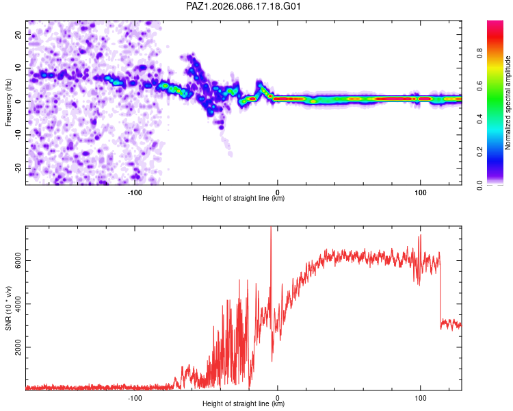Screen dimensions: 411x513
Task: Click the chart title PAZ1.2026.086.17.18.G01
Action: pos(244,6)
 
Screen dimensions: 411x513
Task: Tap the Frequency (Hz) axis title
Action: pos(9,103)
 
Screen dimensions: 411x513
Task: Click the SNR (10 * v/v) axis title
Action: pos(9,308)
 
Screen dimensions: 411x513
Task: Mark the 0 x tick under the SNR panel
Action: pos(278,396)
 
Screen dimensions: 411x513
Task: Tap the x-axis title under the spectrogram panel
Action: pos(244,199)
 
